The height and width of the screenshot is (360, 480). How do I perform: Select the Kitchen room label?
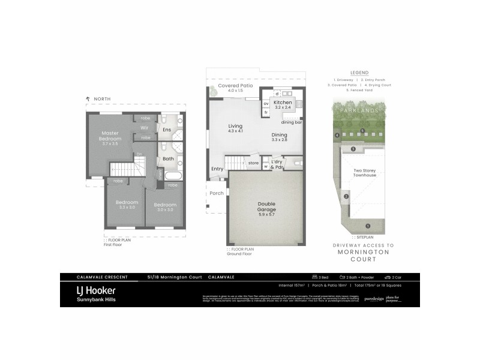(x=283, y=103)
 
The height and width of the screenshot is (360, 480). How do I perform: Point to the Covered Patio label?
(x=235, y=86)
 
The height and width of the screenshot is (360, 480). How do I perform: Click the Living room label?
(x=235, y=126)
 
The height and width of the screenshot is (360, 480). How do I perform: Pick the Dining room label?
(x=280, y=135)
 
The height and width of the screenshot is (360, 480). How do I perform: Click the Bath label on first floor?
(x=168, y=159)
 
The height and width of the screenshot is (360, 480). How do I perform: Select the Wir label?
(x=145, y=128)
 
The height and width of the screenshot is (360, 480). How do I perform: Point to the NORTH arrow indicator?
(x=88, y=98)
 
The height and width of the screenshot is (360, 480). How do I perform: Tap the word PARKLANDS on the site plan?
(x=358, y=111)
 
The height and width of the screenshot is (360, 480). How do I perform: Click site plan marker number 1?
(x=368, y=226)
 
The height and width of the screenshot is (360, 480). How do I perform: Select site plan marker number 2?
(x=346, y=196)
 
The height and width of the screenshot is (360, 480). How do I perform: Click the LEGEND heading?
(x=359, y=72)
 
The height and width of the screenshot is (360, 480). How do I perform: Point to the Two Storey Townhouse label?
(x=365, y=172)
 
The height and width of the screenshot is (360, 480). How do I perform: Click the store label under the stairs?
(x=253, y=162)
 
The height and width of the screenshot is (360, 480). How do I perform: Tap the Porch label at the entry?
(x=216, y=193)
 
